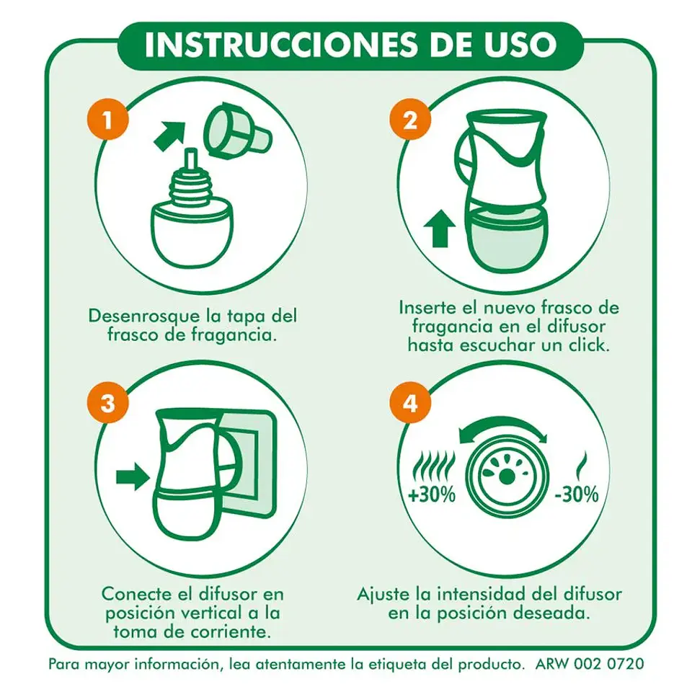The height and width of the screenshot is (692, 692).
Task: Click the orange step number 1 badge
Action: [x=107, y=120]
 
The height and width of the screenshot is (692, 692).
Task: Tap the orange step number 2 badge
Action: [x=409, y=120]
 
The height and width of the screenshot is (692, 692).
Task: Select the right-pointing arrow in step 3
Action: [x=132, y=476]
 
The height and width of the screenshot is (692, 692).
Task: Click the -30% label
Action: [x=577, y=495]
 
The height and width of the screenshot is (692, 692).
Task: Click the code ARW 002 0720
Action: [x=590, y=662]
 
